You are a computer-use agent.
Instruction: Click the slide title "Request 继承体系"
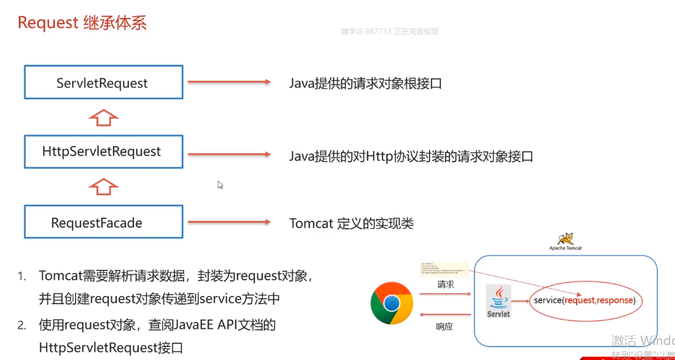(x=82, y=23)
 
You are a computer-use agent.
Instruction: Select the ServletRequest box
(x=103, y=82)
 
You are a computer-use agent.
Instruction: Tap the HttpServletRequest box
(x=103, y=151)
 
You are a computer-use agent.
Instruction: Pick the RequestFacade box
(x=103, y=222)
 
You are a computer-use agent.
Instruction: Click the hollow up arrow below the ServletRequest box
(x=104, y=116)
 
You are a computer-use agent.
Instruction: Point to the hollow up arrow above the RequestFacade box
(x=104, y=186)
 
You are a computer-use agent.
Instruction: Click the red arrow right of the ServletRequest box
(x=228, y=81)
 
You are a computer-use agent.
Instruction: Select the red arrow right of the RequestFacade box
(x=228, y=222)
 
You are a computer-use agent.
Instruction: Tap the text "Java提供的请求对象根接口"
(x=365, y=83)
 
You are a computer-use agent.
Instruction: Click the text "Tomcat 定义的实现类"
(x=351, y=223)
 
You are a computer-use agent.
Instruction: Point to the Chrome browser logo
(x=392, y=303)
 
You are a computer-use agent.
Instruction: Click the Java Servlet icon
(x=498, y=302)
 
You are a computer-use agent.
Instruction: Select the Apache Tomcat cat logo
(x=566, y=239)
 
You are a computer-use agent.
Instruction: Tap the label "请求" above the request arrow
(x=446, y=285)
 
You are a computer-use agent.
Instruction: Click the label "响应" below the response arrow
(x=446, y=325)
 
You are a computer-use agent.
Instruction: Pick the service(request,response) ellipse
(x=585, y=301)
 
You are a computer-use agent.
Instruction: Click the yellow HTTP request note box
(x=443, y=269)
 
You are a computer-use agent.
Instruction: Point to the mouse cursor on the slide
(x=220, y=185)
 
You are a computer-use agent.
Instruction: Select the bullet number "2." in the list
(x=22, y=325)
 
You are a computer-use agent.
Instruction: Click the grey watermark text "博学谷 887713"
(x=366, y=31)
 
